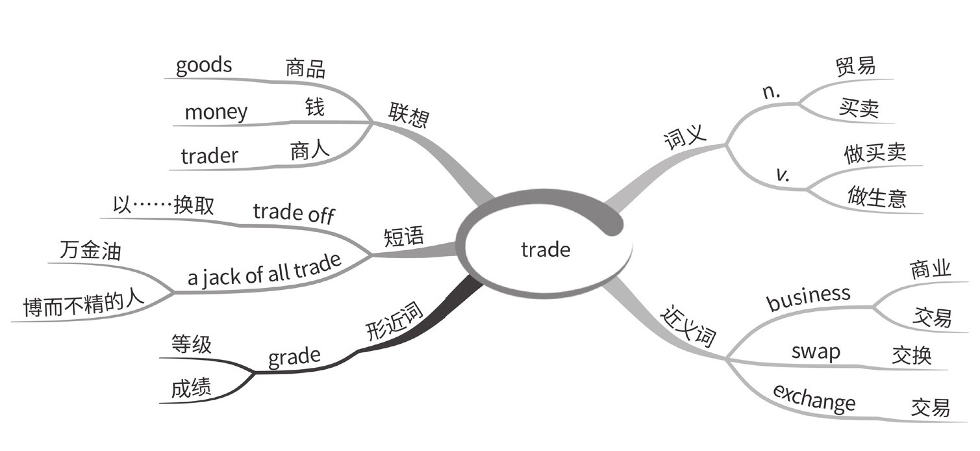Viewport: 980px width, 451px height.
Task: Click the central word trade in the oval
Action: (546, 250)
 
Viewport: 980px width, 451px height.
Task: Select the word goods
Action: (204, 66)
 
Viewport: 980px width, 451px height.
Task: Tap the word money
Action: (216, 112)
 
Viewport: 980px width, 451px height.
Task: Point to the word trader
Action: (209, 156)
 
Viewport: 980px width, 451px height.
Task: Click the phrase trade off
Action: (294, 213)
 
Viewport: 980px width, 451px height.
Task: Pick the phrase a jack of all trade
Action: (264, 270)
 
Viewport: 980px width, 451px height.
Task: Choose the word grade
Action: (294, 356)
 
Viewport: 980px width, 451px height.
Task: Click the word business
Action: (808, 298)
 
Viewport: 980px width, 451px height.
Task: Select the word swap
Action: (816, 352)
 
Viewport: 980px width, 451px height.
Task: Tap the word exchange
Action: (814, 398)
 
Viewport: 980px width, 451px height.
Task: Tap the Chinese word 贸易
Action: (856, 66)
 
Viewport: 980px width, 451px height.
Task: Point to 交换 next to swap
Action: (912, 355)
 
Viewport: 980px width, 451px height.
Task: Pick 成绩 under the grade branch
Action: (191, 388)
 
